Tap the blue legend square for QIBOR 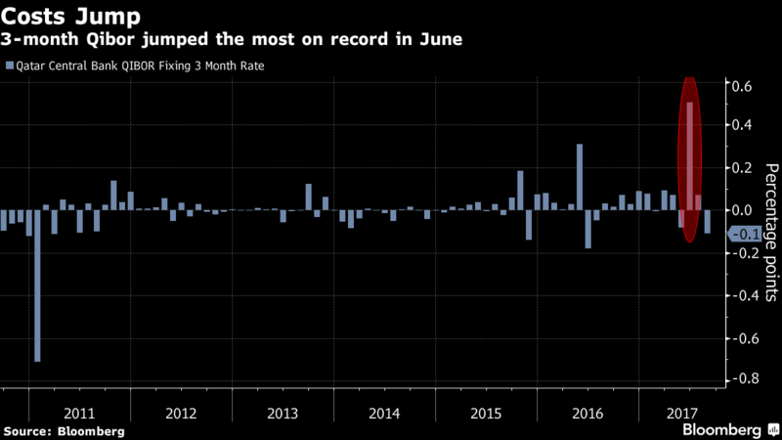(x=9, y=66)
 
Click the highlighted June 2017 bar (x=690, y=156)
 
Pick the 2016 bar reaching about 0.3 (x=580, y=177)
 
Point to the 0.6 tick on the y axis (x=742, y=87)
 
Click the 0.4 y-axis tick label (x=742, y=125)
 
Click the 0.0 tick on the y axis (x=742, y=210)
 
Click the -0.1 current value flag (x=746, y=233)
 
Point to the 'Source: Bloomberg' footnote (x=65, y=431)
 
